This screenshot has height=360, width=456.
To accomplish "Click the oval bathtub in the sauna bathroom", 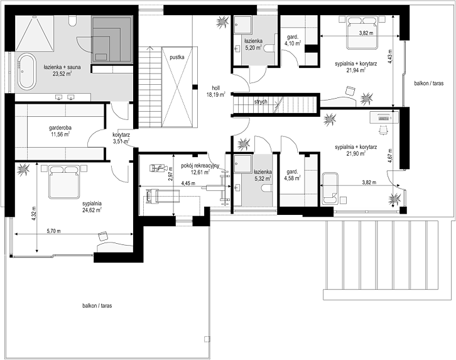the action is click(x=27, y=71).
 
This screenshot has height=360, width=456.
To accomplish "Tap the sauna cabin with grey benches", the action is click(x=112, y=40).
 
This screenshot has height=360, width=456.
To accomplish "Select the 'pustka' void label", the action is click(x=177, y=57).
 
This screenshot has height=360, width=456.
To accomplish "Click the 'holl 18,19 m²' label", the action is click(x=216, y=91).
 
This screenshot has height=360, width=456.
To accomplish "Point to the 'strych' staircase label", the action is click(x=261, y=102).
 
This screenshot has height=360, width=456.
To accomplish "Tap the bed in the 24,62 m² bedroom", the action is click(x=64, y=182).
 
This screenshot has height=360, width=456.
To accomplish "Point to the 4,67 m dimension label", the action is click(x=390, y=156).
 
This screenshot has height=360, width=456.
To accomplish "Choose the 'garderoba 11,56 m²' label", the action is click(x=60, y=131).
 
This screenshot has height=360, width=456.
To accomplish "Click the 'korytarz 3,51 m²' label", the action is click(x=121, y=138).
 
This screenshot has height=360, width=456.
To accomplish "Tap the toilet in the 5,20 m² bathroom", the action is click(x=269, y=48).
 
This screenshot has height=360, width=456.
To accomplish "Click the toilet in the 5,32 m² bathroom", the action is click(x=267, y=188).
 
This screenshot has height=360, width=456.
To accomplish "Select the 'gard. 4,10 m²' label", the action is click(x=293, y=40).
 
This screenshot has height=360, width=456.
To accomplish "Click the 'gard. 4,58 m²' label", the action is click(x=292, y=175).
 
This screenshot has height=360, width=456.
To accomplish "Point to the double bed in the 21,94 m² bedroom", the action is click(x=362, y=33).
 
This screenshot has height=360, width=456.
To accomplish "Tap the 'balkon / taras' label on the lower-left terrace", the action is click(x=97, y=305).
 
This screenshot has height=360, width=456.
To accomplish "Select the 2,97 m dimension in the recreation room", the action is click(x=171, y=173).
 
